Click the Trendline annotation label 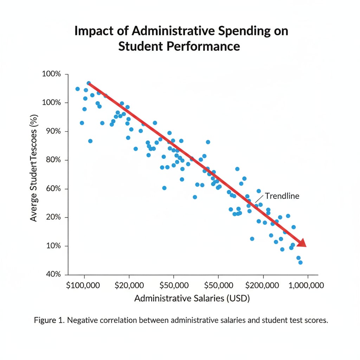coord(282,196)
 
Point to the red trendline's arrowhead coord(302,243)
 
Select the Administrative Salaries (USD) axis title coord(192,298)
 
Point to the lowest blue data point coord(300,262)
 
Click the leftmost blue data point coord(77,89)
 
